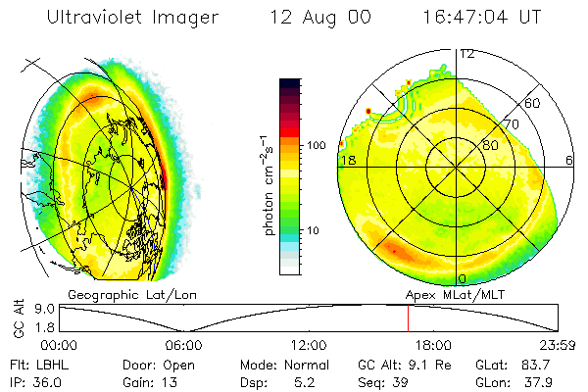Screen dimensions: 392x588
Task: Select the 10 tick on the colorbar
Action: point(314,230)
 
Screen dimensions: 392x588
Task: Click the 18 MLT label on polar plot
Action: point(346,160)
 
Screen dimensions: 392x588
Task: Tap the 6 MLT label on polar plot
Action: point(570,160)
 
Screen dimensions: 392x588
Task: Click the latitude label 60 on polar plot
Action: point(533,103)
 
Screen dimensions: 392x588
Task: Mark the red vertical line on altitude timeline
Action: point(408,318)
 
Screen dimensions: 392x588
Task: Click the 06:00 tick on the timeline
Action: point(183,345)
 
